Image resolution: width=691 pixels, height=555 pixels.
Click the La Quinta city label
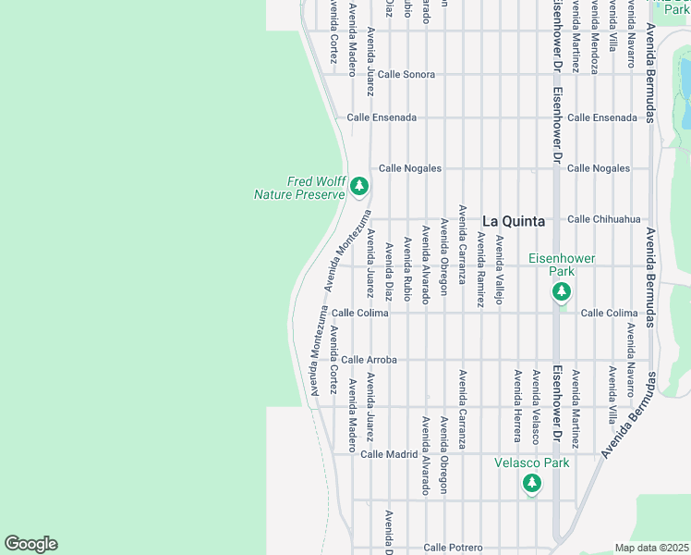(514, 221)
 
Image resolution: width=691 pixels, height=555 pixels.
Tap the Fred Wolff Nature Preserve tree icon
(359, 187)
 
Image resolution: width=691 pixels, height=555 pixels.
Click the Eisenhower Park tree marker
(560, 292)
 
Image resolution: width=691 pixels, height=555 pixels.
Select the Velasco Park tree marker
(531, 482)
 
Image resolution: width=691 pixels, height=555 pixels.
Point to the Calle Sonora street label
(406, 74)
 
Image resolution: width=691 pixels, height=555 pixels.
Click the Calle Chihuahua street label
(603, 219)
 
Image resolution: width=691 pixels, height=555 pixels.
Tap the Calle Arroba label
(369, 359)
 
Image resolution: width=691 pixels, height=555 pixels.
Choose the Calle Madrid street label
(389, 454)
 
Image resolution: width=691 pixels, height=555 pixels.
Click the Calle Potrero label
(454, 548)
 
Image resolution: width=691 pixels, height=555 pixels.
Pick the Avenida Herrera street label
(516, 405)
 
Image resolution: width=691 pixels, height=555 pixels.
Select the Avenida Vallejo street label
(499, 270)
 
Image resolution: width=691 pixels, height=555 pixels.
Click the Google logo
(30, 544)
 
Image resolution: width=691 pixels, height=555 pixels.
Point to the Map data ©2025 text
(651, 548)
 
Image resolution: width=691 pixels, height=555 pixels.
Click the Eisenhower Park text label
(562, 265)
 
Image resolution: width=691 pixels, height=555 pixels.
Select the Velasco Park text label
(531, 462)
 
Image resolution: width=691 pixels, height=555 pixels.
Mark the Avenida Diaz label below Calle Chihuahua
(388, 271)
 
